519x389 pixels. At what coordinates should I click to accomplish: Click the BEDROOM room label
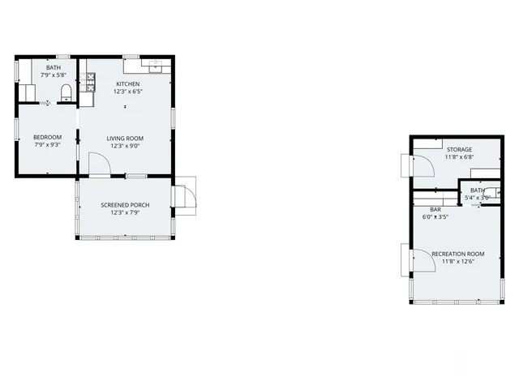47,138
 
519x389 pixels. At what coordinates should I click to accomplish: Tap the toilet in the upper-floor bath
66,91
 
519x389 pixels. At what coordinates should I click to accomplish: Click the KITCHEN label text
127,84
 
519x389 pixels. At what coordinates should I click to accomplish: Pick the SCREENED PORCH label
124,205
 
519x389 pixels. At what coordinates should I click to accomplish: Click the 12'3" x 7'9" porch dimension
124,213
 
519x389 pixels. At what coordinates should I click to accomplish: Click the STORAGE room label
459,149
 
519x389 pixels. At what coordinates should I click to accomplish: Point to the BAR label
435,209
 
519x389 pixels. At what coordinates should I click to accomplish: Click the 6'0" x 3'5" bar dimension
435,217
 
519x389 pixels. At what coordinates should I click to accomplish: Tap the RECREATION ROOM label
458,254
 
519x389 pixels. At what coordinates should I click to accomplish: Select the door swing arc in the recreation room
423,259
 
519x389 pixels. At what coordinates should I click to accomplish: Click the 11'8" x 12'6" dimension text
458,262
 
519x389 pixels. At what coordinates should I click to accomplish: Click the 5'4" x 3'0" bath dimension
477,198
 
